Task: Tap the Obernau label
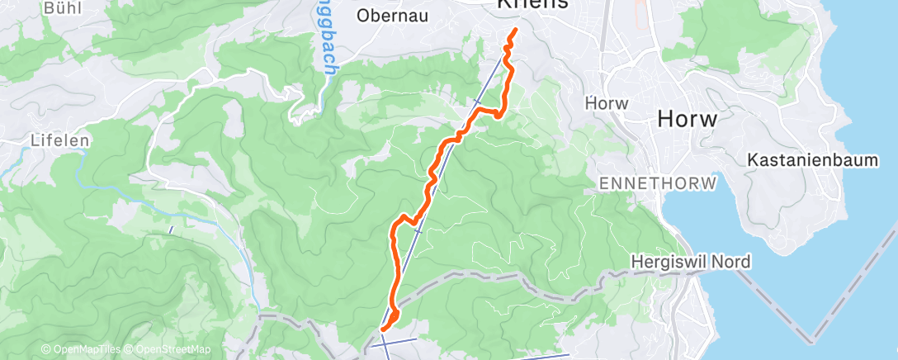(392, 15)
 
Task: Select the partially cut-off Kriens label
(532, 4)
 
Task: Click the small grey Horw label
(607, 104)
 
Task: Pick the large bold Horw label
(687, 119)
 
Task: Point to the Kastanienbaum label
(812, 160)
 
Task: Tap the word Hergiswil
(669, 262)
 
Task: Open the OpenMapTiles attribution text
(82, 349)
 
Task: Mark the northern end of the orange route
(515, 31)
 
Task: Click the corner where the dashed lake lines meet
(812, 339)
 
